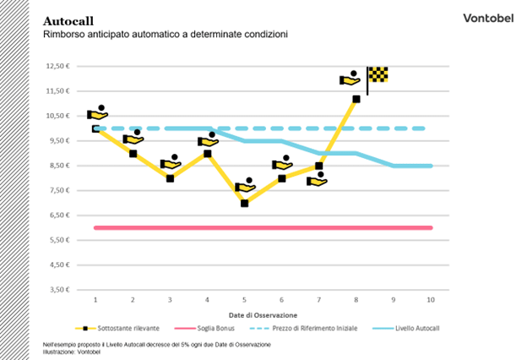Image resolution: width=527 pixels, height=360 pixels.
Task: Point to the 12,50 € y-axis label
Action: pos(57,65)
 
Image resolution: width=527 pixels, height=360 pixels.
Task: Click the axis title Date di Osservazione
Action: pos(263,314)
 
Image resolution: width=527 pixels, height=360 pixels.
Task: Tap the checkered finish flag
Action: pos(378,74)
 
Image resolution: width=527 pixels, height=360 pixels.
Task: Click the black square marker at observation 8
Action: pos(356,99)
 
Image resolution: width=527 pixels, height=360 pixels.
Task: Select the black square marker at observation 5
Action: pos(244,203)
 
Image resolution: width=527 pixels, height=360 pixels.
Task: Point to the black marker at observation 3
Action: pos(170,178)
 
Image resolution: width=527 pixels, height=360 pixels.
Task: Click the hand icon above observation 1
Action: pos(98,113)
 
